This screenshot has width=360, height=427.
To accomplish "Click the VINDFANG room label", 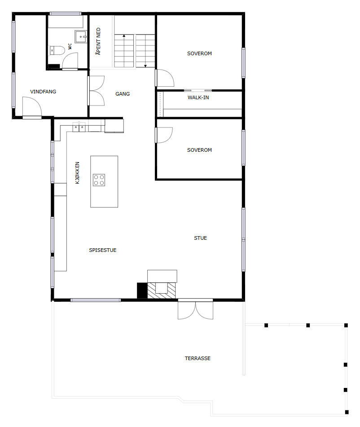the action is point(43,92).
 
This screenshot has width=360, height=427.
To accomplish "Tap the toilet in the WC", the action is point(57,50).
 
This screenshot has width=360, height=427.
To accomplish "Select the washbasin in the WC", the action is point(81,36).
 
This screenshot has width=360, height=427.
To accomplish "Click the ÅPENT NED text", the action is point(98,41).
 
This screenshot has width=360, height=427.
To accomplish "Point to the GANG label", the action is point(123,94).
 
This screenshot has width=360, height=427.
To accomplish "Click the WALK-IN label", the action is point(198,97).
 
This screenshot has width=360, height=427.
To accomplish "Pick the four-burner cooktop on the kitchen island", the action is point(99,180).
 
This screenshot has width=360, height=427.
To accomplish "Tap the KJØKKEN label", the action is point(77,173).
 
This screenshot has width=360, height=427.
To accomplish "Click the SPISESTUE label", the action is point(103,250).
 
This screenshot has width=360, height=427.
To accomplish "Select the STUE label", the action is point(200,238).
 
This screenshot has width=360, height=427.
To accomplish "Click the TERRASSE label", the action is point(198,358).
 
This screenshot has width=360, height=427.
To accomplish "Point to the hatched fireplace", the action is point(162,291).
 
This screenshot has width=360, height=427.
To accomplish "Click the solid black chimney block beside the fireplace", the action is point(142,291).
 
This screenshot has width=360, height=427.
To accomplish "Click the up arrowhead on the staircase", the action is point(124,35).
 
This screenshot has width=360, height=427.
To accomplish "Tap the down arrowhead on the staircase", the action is point(145,66).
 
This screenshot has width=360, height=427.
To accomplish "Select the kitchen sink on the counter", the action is point(79,127).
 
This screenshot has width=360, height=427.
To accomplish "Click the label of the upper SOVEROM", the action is point(199,53).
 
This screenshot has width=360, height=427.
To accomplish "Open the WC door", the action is point(70,61).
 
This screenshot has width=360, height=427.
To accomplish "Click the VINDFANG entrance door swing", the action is point(32,108).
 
